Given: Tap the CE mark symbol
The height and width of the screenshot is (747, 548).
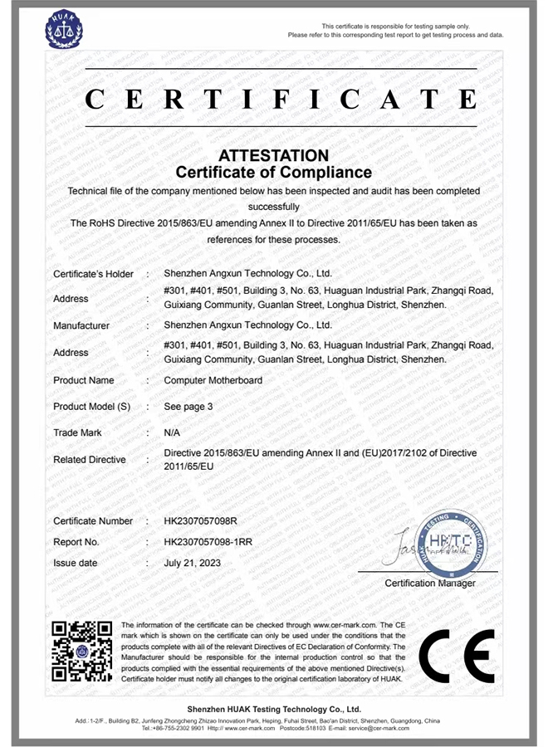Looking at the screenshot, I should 456,653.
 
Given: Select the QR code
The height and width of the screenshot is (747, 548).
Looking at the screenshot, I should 82,652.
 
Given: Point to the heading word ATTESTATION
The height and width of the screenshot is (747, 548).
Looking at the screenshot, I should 273,156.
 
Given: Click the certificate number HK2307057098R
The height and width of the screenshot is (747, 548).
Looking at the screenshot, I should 202,521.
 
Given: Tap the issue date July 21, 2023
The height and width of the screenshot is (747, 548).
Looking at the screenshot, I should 193,563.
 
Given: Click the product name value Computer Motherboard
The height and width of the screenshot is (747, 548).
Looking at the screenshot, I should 213,380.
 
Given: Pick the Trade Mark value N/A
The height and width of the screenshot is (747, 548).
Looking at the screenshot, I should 173,432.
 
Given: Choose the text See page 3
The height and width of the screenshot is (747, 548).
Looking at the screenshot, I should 188,407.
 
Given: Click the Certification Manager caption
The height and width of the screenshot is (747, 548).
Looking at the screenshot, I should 430,583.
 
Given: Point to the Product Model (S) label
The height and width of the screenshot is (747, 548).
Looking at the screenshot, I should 92,407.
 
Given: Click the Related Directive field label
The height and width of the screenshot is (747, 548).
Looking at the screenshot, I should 90,460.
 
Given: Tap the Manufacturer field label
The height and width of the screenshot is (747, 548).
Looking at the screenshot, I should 81,326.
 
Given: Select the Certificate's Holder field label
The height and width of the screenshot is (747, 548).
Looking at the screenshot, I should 93,274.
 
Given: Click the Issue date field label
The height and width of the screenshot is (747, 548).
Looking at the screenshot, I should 76,563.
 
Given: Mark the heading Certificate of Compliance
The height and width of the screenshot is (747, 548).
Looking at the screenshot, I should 274,173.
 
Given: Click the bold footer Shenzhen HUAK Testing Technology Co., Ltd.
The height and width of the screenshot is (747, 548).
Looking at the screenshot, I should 274,710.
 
